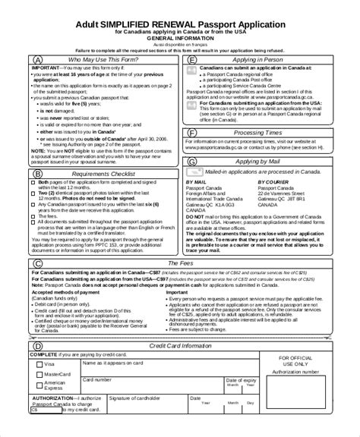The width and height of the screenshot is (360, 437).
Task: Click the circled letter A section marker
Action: [x=38, y=58]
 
